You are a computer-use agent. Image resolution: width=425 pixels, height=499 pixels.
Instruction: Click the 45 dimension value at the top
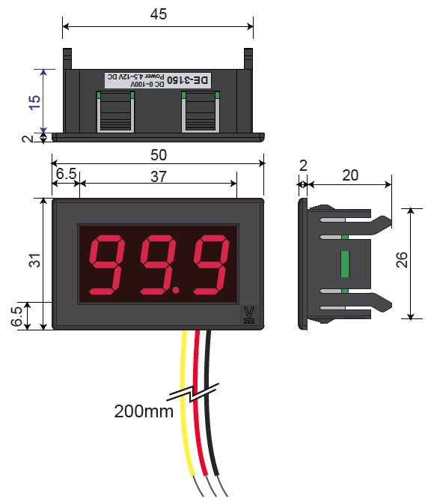click(159, 14)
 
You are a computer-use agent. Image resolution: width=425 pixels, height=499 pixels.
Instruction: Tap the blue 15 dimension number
click(35, 102)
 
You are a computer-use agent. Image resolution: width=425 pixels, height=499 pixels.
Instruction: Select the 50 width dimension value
click(159, 155)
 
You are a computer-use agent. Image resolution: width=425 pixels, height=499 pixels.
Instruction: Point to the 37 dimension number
click(159, 177)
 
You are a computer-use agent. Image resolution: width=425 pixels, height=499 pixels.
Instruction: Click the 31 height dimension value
click(35, 260)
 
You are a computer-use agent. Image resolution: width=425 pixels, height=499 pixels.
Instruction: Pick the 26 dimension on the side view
click(402, 260)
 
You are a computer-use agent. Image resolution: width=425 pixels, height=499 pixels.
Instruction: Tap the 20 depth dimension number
click(350, 175)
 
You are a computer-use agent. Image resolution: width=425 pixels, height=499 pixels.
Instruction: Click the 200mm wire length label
click(144, 411)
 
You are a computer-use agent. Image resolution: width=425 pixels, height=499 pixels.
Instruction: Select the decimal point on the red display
click(175, 290)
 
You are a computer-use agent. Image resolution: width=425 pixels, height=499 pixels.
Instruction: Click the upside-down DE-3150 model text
click(189, 80)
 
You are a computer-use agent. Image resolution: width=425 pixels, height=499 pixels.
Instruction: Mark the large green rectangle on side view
click(345, 264)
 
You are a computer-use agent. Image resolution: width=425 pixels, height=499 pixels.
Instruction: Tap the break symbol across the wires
click(193, 393)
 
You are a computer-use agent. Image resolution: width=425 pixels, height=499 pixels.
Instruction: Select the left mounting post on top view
click(67, 59)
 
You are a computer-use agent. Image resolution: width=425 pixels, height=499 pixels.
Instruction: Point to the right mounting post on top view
click(248, 59)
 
